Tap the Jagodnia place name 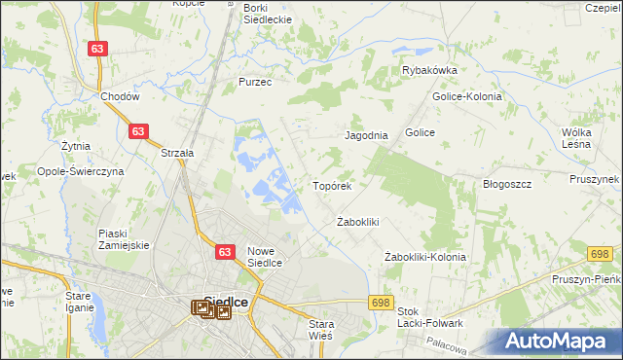pos(367,136)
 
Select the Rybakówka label pos(430,70)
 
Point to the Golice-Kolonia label pos(466,96)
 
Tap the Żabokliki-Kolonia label pos(425,257)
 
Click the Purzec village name pos(255,83)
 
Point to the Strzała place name pos(178,153)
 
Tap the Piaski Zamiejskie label pos(123,239)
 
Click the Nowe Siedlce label pos(264,256)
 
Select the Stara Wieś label pos(320,329)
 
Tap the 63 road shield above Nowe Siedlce pos(225,251)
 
